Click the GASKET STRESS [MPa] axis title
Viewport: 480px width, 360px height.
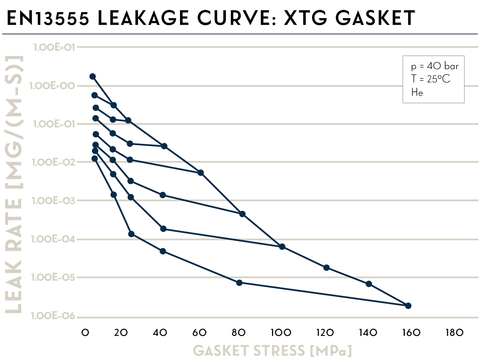[x=272, y=351]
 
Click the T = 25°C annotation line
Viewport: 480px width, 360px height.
[x=430, y=79]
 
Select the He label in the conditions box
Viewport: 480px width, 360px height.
[x=417, y=92]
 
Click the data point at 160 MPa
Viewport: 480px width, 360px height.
[x=408, y=306]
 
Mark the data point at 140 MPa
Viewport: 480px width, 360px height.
[x=369, y=284]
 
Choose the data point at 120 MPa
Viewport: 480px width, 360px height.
[x=326, y=268]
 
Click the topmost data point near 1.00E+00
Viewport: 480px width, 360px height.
[x=93, y=76]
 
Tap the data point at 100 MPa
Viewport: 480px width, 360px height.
[x=282, y=247]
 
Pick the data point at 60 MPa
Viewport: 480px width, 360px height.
[x=201, y=173]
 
